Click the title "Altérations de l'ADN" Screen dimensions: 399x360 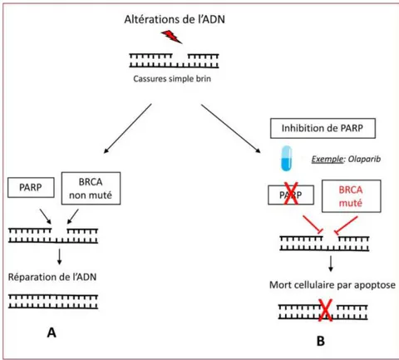[x=175, y=19]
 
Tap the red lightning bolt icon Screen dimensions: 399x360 [x=171, y=37]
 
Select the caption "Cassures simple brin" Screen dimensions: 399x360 [x=172, y=79]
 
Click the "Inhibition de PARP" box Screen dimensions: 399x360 [x=323, y=128]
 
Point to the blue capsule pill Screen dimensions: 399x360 [x=286, y=158]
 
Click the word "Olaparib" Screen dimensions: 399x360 [x=364, y=159]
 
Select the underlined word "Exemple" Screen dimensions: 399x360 [x=328, y=160]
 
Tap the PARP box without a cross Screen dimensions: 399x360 [x=31, y=187]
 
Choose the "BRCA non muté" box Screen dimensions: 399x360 [x=91, y=189]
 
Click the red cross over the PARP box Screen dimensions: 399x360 [x=291, y=194]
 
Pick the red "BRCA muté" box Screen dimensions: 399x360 [x=351, y=196]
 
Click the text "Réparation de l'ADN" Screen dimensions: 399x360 [x=52, y=277]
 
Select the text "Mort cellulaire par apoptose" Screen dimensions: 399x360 [x=332, y=285]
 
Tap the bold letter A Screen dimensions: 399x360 [x=52, y=333]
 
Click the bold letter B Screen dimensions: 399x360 [x=321, y=341]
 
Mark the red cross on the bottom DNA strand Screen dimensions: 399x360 [x=325, y=310]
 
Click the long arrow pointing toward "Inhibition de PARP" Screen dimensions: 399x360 [x=231, y=129]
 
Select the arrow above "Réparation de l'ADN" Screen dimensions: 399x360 [x=59, y=256]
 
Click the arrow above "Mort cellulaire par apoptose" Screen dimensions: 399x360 [x=331, y=264]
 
